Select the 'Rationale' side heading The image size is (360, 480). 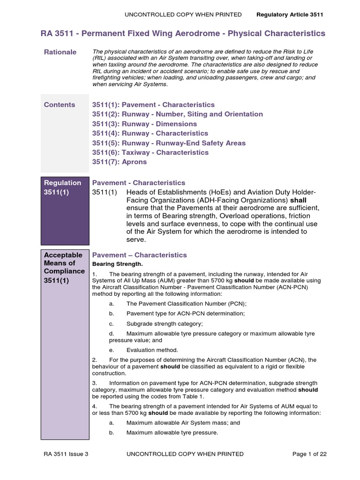click(x=60, y=52)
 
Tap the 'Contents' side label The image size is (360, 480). click(x=60, y=105)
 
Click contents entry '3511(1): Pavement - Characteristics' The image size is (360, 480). click(x=153, y=105)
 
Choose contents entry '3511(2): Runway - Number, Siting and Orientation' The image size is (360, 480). click(x=177, y=114)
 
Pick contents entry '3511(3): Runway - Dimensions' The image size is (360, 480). click(x=144, y=124)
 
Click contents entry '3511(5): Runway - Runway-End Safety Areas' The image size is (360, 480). click(x=169, y=143)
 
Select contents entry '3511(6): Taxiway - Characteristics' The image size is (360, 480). click(x=150, y=152)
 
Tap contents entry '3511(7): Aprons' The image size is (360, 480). click(x=120, y=162)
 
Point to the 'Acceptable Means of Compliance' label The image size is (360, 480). click(x=64, y=263)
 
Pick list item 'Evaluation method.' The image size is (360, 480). click(x=152, y=350)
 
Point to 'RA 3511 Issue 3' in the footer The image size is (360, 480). click(x=66, y=454)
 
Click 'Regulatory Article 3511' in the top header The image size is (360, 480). click(x=290, y=15)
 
